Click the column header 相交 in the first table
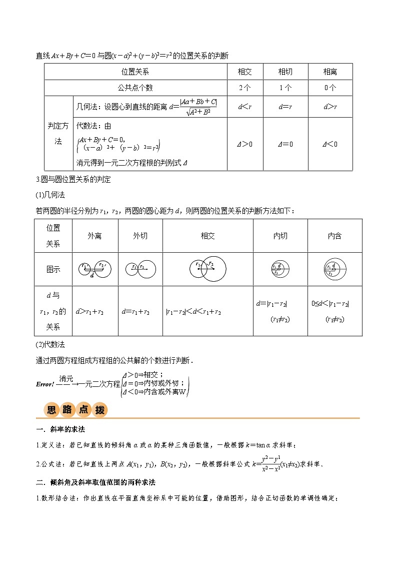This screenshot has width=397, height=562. point(245,72)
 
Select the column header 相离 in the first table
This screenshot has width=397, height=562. point(330,72)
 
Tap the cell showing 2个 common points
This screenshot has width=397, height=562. point(245,88)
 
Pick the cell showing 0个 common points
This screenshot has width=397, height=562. point(330,88)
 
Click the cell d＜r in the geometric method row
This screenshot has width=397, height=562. point(245,107)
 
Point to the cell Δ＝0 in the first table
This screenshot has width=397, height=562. point(285,144)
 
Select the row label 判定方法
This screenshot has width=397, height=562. point(58,134)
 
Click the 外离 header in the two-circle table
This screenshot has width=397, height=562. point(94,236)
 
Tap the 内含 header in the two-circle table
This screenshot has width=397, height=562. point(334,236)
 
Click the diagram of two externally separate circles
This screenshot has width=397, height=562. point(94,269)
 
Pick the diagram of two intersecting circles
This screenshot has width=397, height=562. point(207,269)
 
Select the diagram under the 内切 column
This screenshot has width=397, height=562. point(280,269)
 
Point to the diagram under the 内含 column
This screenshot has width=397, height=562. point(334,269)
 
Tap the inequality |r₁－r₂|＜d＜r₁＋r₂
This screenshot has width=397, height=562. point(193,312)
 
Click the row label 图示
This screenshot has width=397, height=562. point(53,269)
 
